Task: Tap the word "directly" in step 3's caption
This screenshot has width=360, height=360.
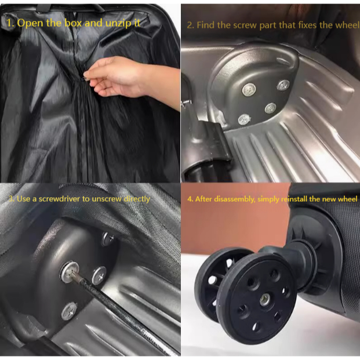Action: [x=137, y=199]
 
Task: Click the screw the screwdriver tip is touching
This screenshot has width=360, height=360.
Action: [x=70, y=271]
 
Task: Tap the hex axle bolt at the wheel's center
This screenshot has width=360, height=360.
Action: [x=264, y=299]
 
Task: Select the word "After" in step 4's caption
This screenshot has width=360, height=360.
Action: [x=203, y=199]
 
